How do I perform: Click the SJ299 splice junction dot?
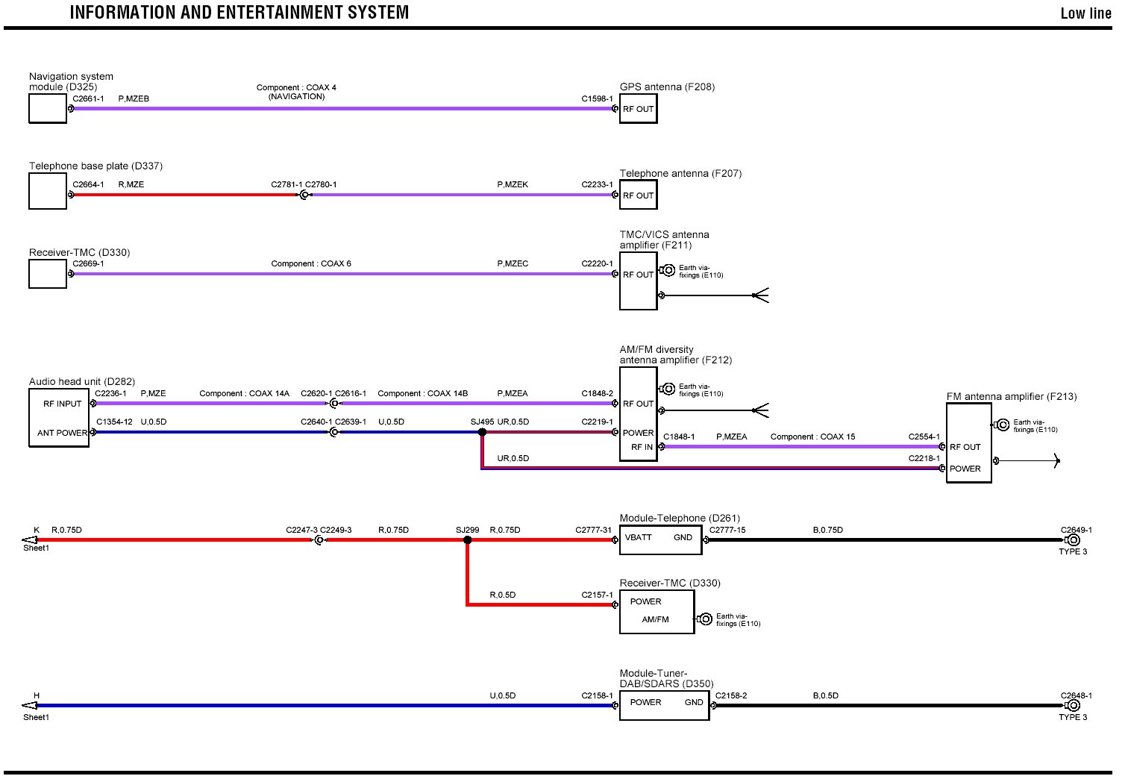point(467,539)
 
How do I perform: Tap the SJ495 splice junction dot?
point(482,432)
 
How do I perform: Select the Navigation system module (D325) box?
point(48,109)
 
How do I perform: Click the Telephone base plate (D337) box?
point(48,192)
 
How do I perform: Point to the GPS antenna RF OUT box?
point(638,109)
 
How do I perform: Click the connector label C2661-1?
point(88,98)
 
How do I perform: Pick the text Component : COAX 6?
point(311,263)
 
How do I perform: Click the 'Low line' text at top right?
point(1085,13)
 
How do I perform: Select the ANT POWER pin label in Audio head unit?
point(63,433)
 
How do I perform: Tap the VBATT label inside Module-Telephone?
point(639,537)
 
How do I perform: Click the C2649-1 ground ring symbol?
point(1073,539)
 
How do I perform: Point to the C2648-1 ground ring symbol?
point(1073,705)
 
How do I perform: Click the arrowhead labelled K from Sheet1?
point(30,539)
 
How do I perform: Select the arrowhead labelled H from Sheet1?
point(30,705)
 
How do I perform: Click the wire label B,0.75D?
point(827,531)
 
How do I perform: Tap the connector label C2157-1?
point(597,595)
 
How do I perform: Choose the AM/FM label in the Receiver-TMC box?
point(655,619)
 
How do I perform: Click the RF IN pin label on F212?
point(642,448)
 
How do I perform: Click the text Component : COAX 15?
point(812,436)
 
